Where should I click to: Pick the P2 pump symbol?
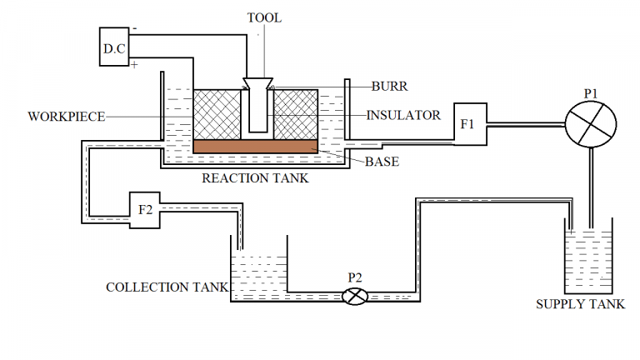[356, 296]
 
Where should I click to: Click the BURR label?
[388, 86]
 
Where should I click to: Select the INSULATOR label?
[403, 115]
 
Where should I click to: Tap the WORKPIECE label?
[66, 117]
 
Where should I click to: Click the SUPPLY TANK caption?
[580, 304]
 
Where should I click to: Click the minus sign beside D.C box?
[135, 29]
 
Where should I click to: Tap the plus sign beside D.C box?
[134, 62]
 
